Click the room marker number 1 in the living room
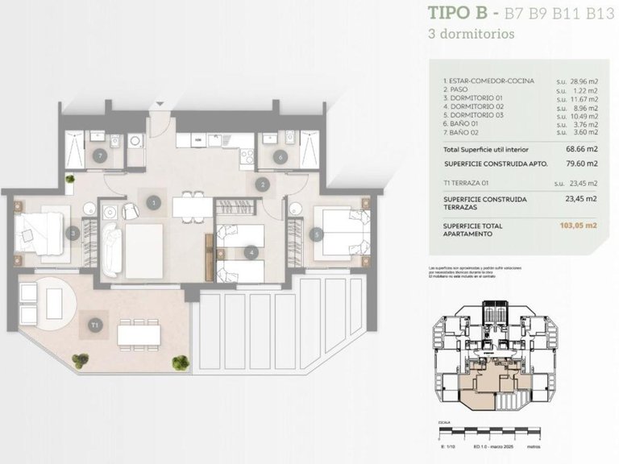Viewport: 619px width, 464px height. click(153, 203)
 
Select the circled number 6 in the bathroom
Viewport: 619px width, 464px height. click(280, 157)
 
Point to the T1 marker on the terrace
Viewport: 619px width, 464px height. click(95, 325)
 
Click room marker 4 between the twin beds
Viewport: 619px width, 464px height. click(253, 252)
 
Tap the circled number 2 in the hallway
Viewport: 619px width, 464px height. click(262, 184)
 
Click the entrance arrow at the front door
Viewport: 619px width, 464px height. click(160, 104)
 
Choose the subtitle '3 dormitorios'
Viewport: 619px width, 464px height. click(472, 35)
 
